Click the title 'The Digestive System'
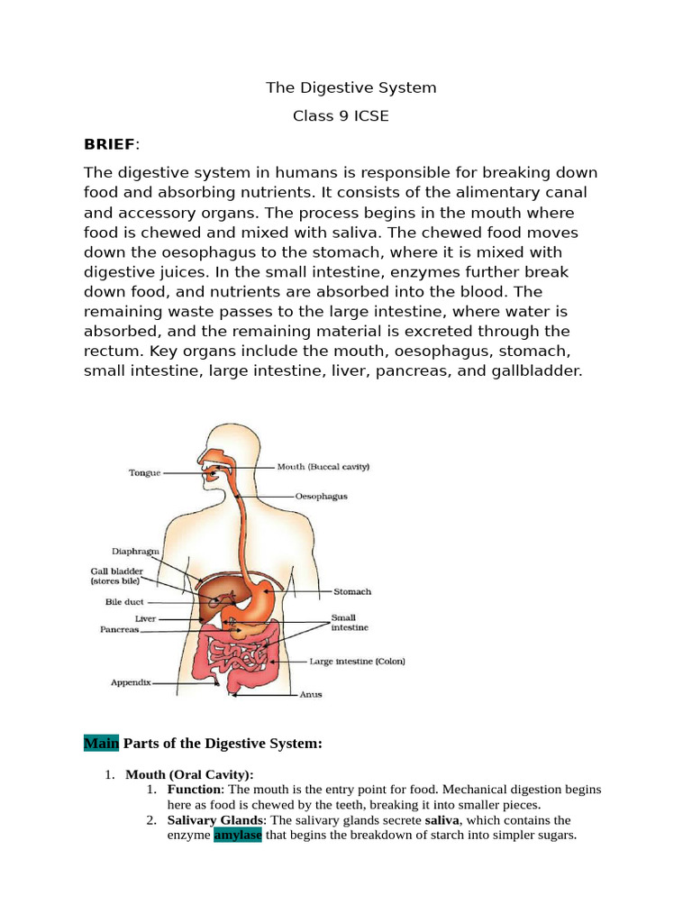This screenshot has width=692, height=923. [x=351, y=87]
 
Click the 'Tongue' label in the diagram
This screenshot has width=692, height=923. [x=145, y=471]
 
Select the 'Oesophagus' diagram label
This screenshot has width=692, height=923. [x=322, y=496]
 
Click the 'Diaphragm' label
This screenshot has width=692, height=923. [x=135, y=551]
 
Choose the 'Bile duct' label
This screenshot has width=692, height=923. [x=123, y=601]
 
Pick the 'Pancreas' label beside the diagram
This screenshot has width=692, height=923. [x=119, y=630]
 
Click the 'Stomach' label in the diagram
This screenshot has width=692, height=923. [x=352, y=592]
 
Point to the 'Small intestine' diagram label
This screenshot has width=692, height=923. [x=351, y=623]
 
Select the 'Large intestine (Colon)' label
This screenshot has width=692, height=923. [x=357, y=661]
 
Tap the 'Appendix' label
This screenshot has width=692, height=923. [x=131, y=682]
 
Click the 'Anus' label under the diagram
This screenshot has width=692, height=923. [x=310, y=695]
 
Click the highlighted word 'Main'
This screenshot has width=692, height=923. [x=101, y=744]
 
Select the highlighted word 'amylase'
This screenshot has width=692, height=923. [x=237, y=836]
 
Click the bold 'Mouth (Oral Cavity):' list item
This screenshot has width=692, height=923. [x=189, y=773]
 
